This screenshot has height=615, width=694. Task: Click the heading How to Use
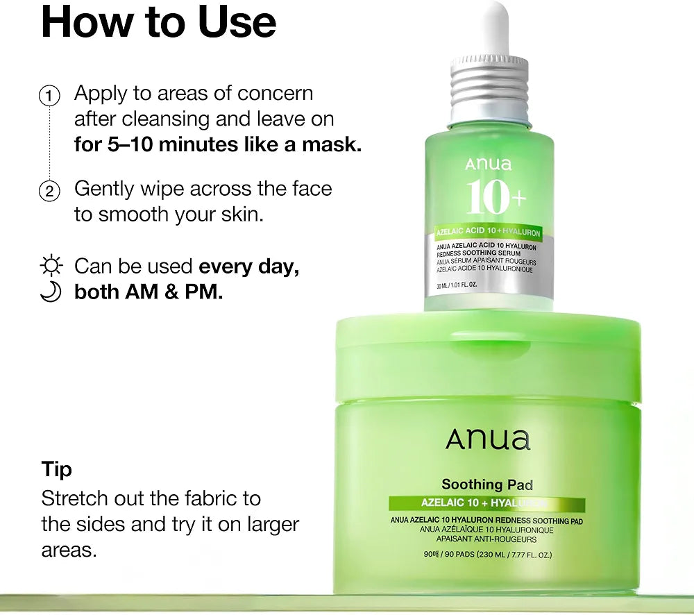158,22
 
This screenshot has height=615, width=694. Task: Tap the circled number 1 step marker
49,96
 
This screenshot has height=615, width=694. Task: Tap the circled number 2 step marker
49,192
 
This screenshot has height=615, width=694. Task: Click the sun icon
51,266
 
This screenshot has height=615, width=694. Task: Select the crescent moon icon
51,292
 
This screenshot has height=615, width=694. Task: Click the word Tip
57,470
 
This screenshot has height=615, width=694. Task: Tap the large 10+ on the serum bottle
496,197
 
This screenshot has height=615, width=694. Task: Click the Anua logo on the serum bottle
488,165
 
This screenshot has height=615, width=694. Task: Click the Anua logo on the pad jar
487,439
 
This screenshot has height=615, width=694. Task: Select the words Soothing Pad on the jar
487,485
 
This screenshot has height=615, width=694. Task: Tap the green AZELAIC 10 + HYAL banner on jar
487,503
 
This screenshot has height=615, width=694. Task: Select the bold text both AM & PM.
149,292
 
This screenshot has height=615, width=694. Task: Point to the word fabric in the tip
201,498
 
